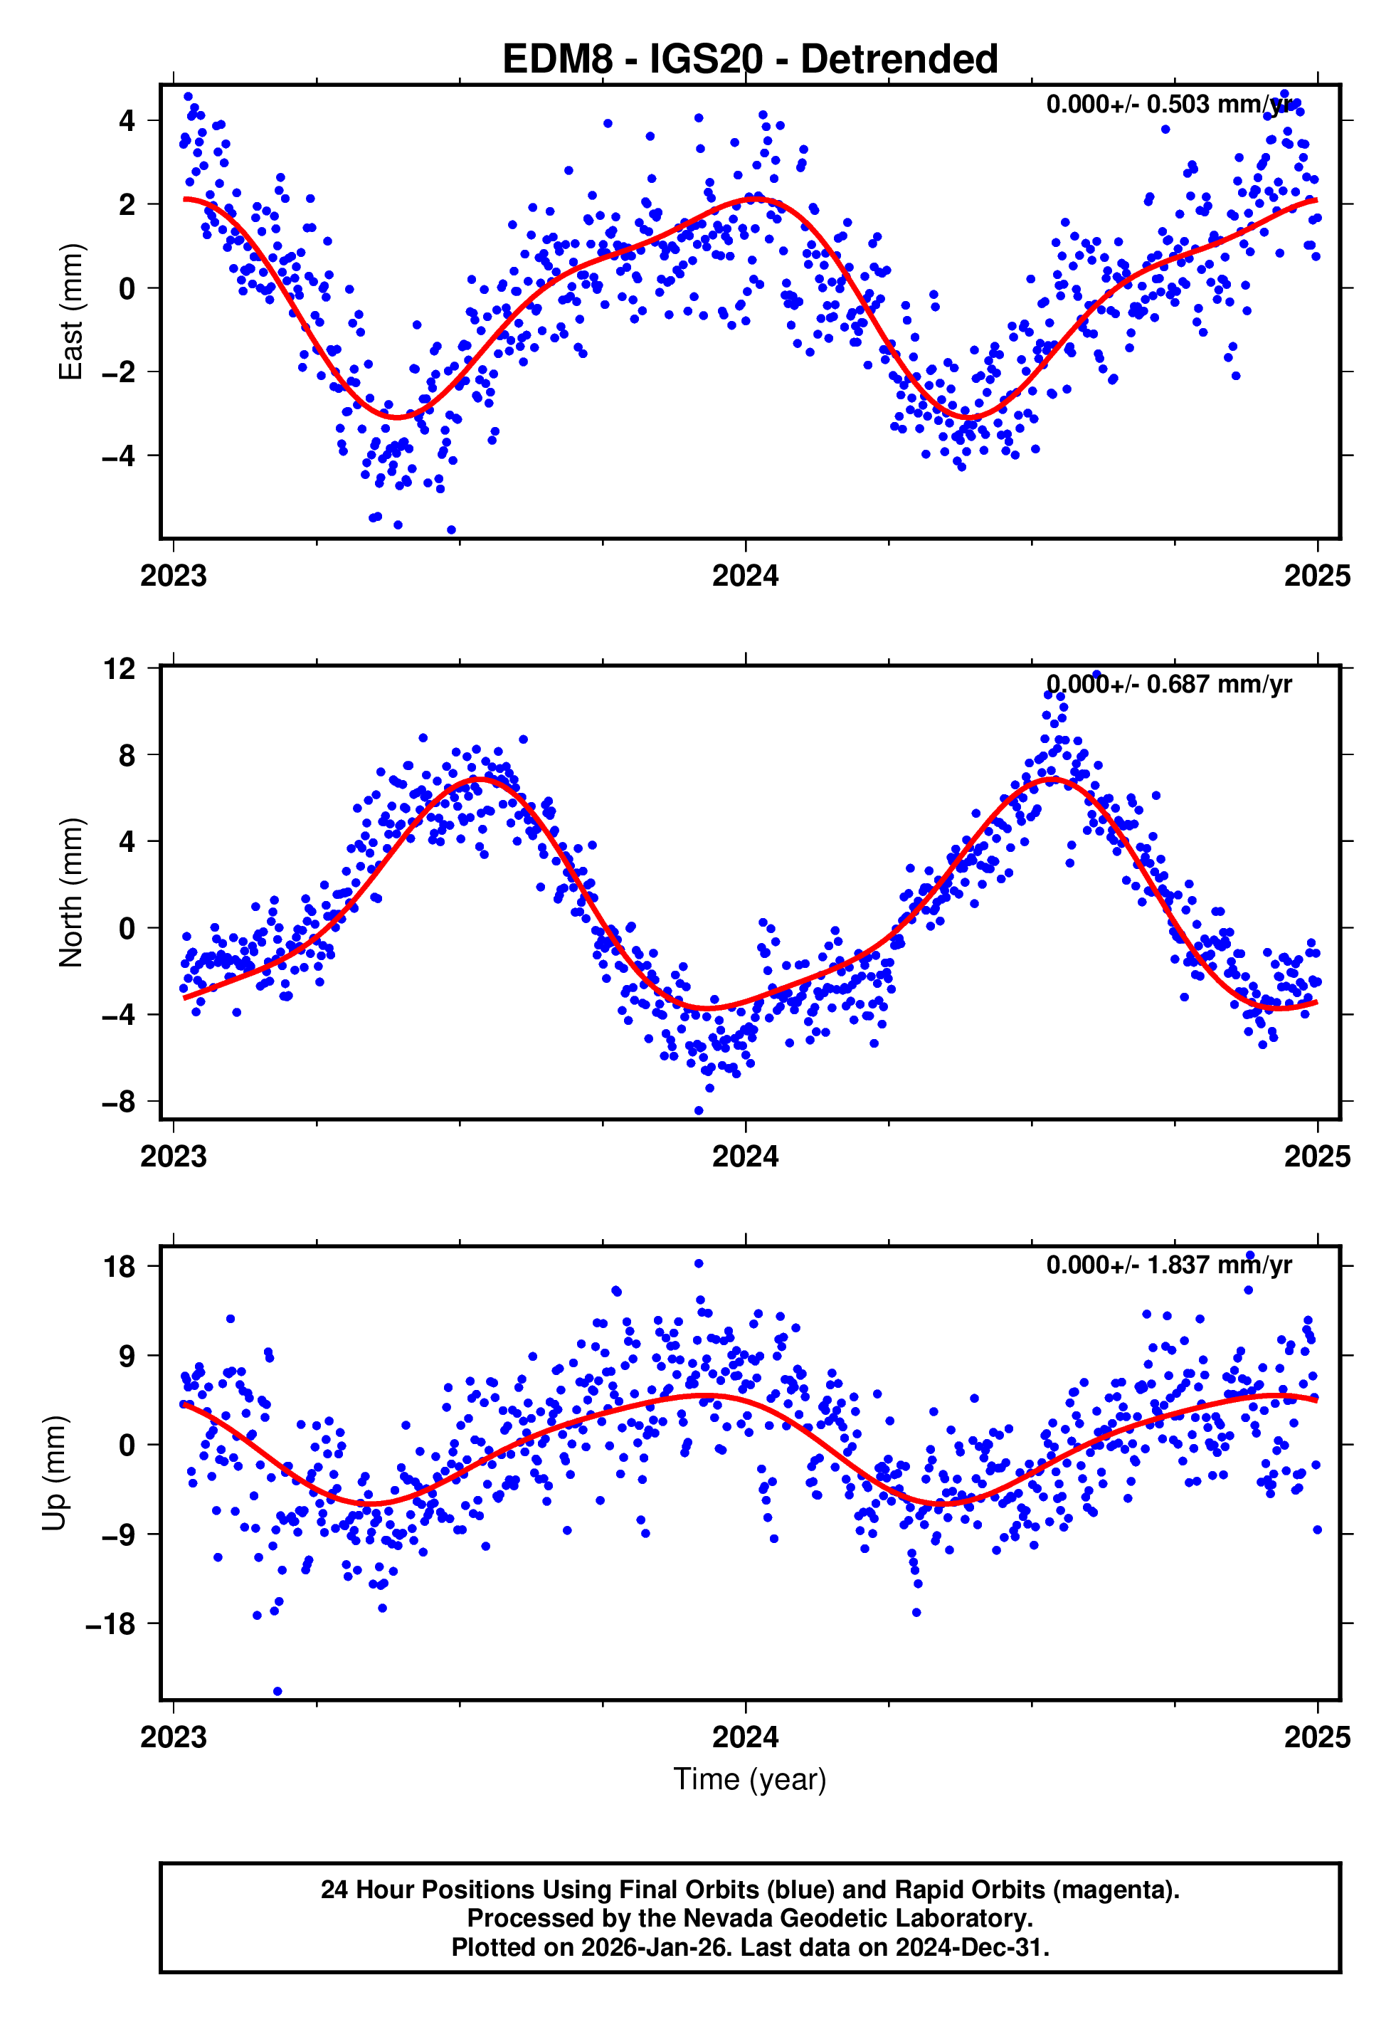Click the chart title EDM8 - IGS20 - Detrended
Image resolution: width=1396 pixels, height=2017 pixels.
(750, 60)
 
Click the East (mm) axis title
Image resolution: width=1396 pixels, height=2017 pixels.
(70, 312)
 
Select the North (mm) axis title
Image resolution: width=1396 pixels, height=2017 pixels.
(70, 892)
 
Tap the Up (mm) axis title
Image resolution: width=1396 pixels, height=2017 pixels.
(54, 1472)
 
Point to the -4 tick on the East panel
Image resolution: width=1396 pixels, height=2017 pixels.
(117, 455)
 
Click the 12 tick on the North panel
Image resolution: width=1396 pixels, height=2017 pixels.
(120, 669)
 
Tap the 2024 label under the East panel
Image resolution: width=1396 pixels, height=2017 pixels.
(744, 576)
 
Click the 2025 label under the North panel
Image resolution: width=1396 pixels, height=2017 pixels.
(1316, 1157)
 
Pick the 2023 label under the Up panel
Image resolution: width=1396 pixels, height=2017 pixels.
(173, 1737)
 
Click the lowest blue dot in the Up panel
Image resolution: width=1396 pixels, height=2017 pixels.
(277, 1691)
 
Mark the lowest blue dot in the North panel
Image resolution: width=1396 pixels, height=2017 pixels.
(698, 1111)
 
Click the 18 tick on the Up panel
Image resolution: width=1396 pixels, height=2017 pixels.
(120, 1265)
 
